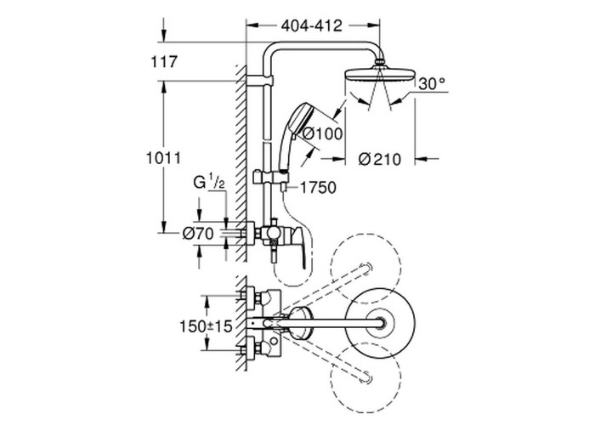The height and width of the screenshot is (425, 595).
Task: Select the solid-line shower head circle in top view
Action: [378, 323]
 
